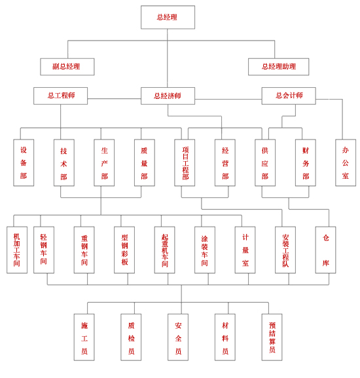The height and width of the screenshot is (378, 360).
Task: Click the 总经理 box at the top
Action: tap(168, 17)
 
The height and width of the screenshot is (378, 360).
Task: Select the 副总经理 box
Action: tap(67, 67)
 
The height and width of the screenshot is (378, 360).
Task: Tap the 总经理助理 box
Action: tap(278, 67)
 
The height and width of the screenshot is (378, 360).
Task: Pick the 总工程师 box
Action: tap(60, 96)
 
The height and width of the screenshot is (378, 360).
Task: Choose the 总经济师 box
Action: tap(168, 96)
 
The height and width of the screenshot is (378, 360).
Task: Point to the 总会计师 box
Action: tap(289, 96)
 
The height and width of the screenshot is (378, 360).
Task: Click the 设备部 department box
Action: tap(24, 162)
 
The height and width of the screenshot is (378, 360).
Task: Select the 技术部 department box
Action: tap(63, 162)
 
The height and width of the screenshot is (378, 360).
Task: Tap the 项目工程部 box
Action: tap(185, 162)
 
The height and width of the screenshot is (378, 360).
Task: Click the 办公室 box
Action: tap(346, 162)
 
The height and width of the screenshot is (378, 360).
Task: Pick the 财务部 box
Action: tap(305, 162)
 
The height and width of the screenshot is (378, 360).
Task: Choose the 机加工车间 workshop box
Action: tap(17, 250)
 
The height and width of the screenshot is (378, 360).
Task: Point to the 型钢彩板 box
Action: tap(124, 250)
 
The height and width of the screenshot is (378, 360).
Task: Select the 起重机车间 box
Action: tap(164, 250)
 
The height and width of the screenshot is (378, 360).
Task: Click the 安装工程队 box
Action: tap(285, 250)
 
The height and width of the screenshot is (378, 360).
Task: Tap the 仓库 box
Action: tap(325, 250)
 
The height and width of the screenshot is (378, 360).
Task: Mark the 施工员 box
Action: tap(84, 337)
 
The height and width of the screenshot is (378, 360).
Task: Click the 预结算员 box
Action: tap(272, 337)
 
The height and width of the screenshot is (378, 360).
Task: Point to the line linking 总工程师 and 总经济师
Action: tap(114, 99)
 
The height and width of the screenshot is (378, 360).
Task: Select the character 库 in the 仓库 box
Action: tap(325, 263)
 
